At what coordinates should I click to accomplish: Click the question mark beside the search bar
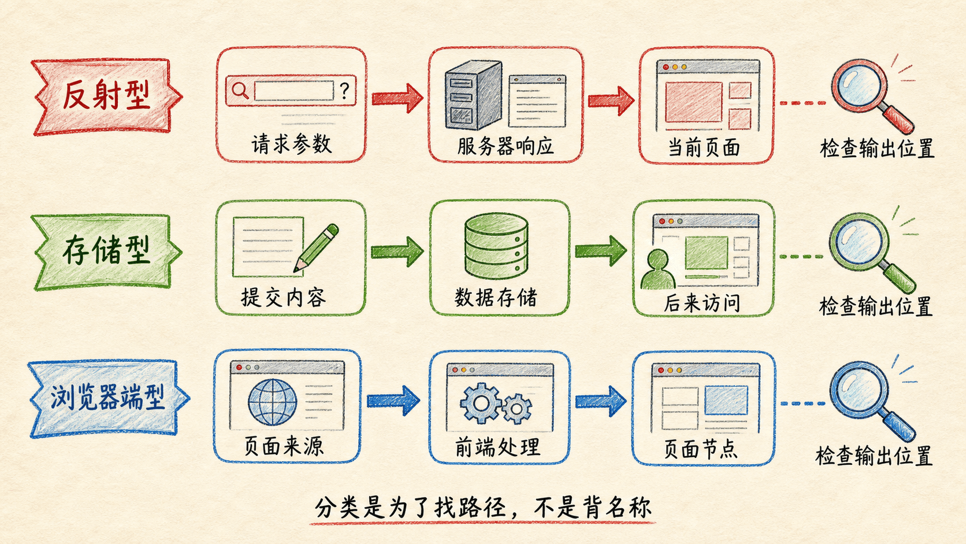pyautogui.click(x=344, y=91)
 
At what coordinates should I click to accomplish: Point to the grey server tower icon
pyautogui.click(x=474, y=95)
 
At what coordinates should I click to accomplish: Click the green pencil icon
pyautogui.click(x=316, y=248)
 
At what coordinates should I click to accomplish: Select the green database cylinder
pyautogui.click(x=496, y=246)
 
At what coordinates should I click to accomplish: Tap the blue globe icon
pyautogui.click(x=272, y=402)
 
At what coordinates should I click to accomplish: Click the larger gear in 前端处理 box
pyautogui.click(x=481, y=404)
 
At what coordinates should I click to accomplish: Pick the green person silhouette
pyautogui.click(x=657, y=269)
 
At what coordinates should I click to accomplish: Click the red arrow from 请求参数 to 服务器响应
pyautogui.click(x=397, y=98)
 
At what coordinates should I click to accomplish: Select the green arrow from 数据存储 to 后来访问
pyautogui.click(x=601, y=251)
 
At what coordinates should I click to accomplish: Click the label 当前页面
pyautogui.click(x=704, y=147)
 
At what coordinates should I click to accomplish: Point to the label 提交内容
pyautogui.click(x=283, y=297)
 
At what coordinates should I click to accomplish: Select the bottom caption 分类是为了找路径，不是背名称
pyautogui.click(x=483, y=508)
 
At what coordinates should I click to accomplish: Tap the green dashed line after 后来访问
pyautogui.click(x=801, y=257)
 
